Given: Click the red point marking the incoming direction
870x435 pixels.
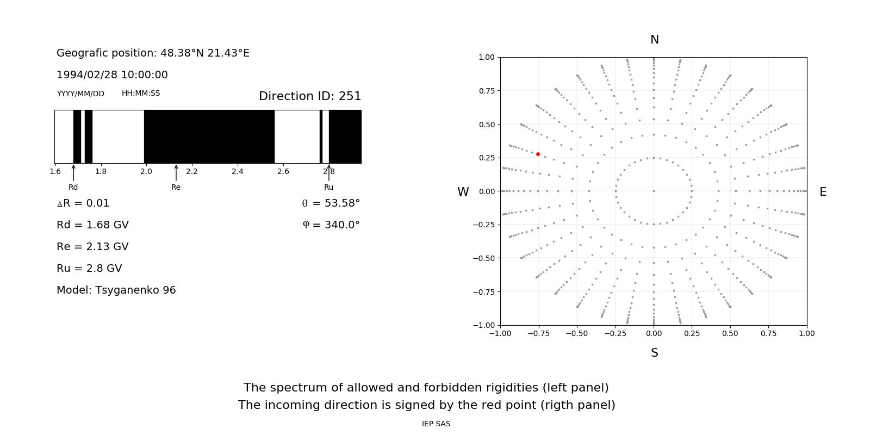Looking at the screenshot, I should (x=538, y=154).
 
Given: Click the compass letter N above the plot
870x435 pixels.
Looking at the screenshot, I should (x=654, y=40).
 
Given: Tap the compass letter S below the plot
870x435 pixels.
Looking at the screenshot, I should (x=654, y=353).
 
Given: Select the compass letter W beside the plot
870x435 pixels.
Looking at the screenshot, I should (x=463, y=192).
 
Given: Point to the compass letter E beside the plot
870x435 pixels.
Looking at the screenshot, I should (x=823, y=192).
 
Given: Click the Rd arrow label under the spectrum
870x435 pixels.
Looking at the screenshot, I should (x=73, y=187).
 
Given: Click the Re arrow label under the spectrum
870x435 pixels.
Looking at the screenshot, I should (x=176, y=187).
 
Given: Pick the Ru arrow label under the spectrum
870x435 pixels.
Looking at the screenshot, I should (x=328, y=187).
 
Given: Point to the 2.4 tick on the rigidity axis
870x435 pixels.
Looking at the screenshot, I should (x=238, y=172).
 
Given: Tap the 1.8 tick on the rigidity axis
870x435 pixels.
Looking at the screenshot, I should (x=101, y=172).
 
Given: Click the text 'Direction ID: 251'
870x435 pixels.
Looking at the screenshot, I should (x=310, y=96).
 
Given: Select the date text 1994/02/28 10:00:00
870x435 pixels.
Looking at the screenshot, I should (x=112, y=75).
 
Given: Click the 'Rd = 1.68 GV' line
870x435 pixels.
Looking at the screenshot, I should (x=92, y=225).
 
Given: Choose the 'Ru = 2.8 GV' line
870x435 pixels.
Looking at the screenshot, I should (x=89, y=269).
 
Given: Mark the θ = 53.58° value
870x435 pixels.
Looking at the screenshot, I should (x=331, y=203).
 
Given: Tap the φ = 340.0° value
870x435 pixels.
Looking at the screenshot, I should (x=331, y=225).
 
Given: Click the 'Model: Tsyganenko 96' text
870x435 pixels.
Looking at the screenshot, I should (x=116, y=290).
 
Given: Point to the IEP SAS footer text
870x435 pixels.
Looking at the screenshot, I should (x=436, y=424).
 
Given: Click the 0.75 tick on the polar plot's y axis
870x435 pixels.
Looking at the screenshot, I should (x=486, y=91).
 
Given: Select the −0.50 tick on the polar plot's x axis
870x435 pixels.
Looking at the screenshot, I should (x=576, y=333).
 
